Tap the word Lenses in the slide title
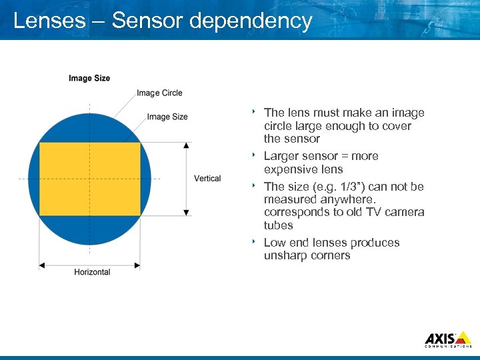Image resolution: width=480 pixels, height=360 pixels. coord(49,21)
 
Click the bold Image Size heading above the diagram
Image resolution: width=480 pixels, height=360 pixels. coord(89,79)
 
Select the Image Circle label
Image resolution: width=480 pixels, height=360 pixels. coord(159,93)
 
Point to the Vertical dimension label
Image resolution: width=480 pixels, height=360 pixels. coord(207,179)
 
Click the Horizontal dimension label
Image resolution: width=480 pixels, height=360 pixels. coord(92,272)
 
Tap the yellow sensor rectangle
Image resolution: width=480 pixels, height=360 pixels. coord(90,179)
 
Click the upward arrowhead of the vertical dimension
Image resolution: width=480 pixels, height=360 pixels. coord(186,145)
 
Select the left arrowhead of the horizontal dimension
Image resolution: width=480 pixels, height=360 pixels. coord(42,265)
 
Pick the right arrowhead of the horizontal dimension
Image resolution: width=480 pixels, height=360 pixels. coord(137,265)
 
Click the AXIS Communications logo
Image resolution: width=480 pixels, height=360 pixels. coord(448,339)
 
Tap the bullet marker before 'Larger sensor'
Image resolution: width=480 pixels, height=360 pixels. coord(255,155)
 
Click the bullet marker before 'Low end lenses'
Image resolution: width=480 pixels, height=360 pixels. coord(255,242)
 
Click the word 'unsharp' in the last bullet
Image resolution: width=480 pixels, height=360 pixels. coord(285,256)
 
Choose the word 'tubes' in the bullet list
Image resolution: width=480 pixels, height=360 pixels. coord(279,225)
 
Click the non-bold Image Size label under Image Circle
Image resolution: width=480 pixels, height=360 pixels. coord(167,117)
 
